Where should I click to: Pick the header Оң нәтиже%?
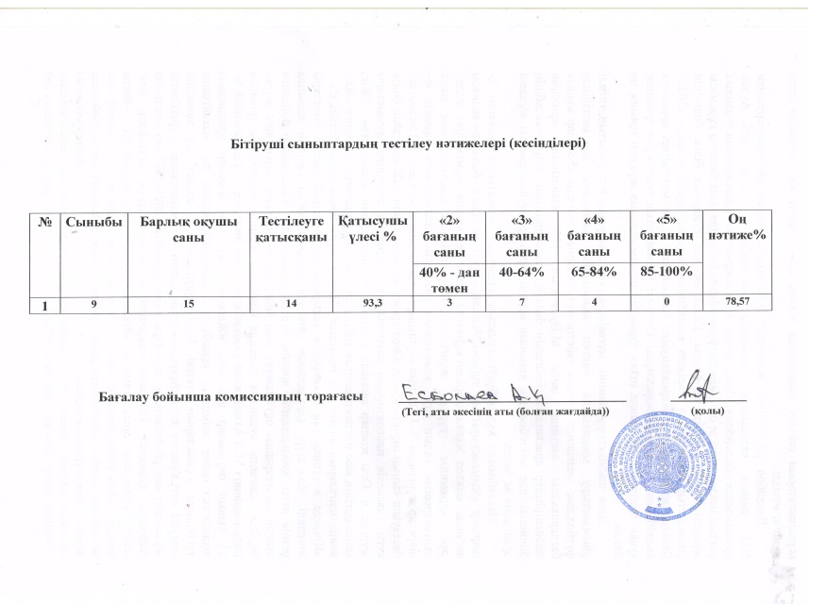(736, 228)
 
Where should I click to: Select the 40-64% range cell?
(521, 271)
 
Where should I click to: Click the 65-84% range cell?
(595, 271)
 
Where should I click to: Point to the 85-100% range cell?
(667, 271)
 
